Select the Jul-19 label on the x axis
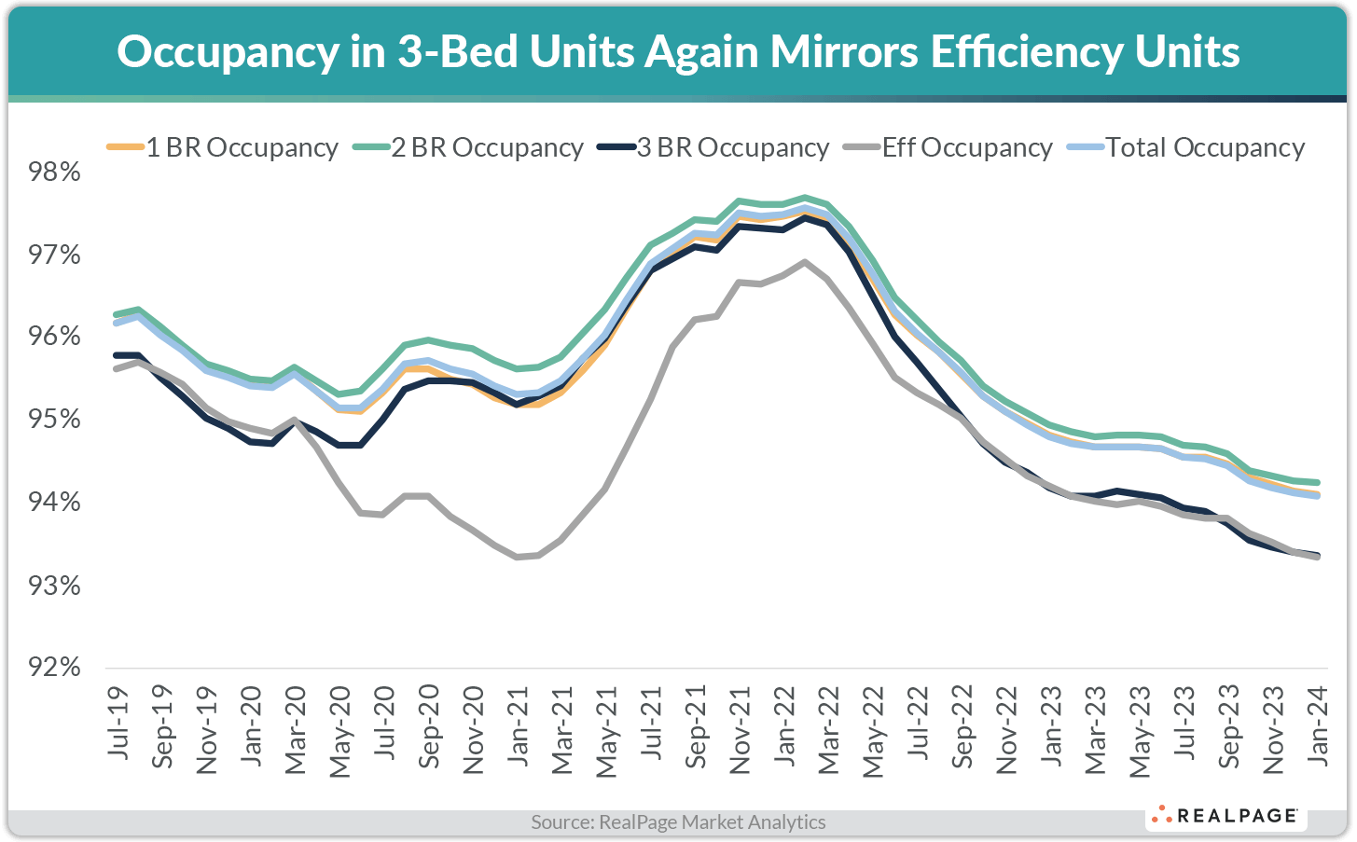tap(118, 722)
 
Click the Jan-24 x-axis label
tap(1317, 724)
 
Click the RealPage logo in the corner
tap(1225, 816)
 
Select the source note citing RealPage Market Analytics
tap(678, 822)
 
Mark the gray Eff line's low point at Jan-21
tap(517, 557)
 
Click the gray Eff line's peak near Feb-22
tap(805, 261)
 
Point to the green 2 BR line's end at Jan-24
tap(1317, 482)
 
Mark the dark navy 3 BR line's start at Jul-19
tap(117, 355)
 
